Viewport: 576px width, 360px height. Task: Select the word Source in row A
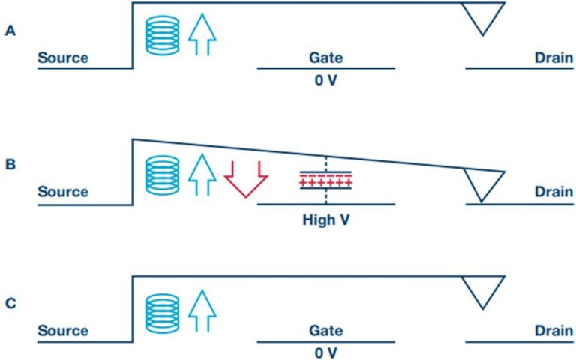(x=63, y=58)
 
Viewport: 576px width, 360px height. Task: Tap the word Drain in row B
(x=553, y=192)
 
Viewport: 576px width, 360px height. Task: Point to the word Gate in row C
(x=325, y=331)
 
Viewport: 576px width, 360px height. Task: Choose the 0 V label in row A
(x=325, y=80)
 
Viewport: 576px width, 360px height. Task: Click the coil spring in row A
(x=162, y=34)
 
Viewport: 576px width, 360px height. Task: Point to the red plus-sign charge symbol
(x=326, y=182)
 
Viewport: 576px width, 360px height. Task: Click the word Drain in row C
(x=553, y=331)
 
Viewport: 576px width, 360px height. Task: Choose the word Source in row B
(x=63, y=192)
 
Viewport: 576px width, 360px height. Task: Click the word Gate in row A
(x=325, y=58)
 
